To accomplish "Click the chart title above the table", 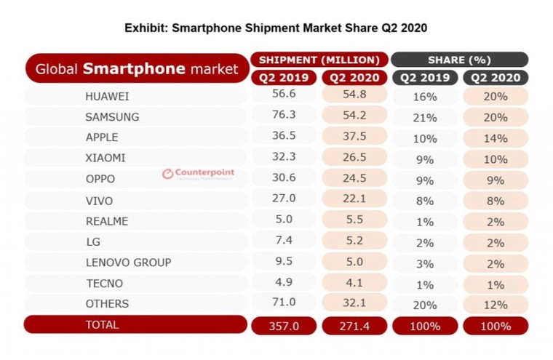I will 276,29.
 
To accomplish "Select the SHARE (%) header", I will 459,60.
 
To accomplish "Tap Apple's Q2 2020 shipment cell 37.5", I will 352,137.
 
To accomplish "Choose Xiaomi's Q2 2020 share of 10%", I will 495,157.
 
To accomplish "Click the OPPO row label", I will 101,177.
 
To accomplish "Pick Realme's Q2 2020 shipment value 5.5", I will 352,219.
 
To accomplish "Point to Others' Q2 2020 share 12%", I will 495,303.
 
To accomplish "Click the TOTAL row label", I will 103,324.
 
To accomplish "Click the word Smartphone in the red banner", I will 127,69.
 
